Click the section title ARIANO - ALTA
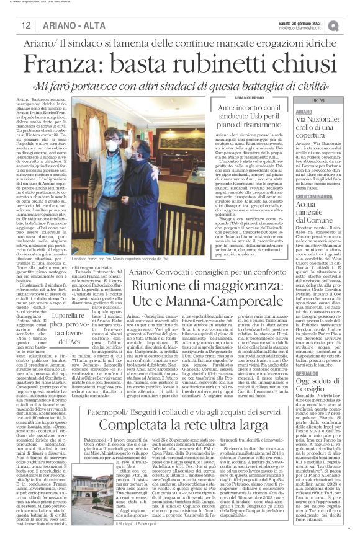pos(66,25)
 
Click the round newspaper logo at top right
pos(334,25)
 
